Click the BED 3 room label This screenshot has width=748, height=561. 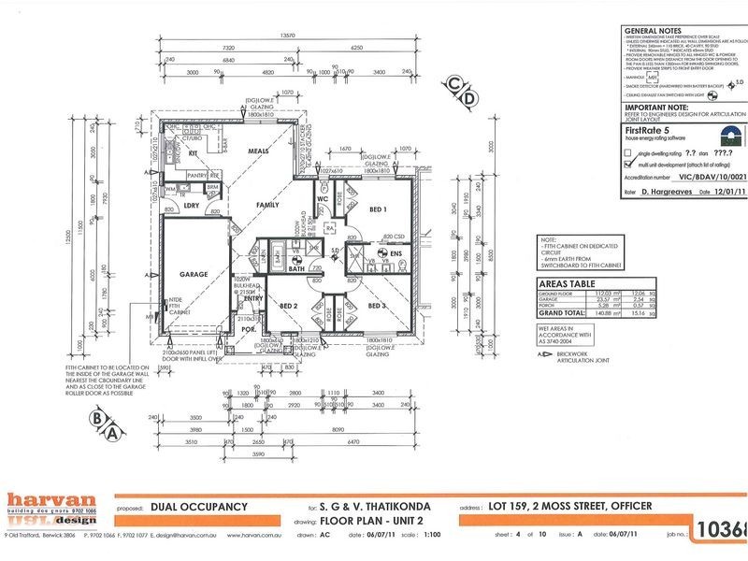pyautogui.click(x=377, y=306)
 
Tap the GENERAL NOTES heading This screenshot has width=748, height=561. pyautogui.click(x=654, y=30)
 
